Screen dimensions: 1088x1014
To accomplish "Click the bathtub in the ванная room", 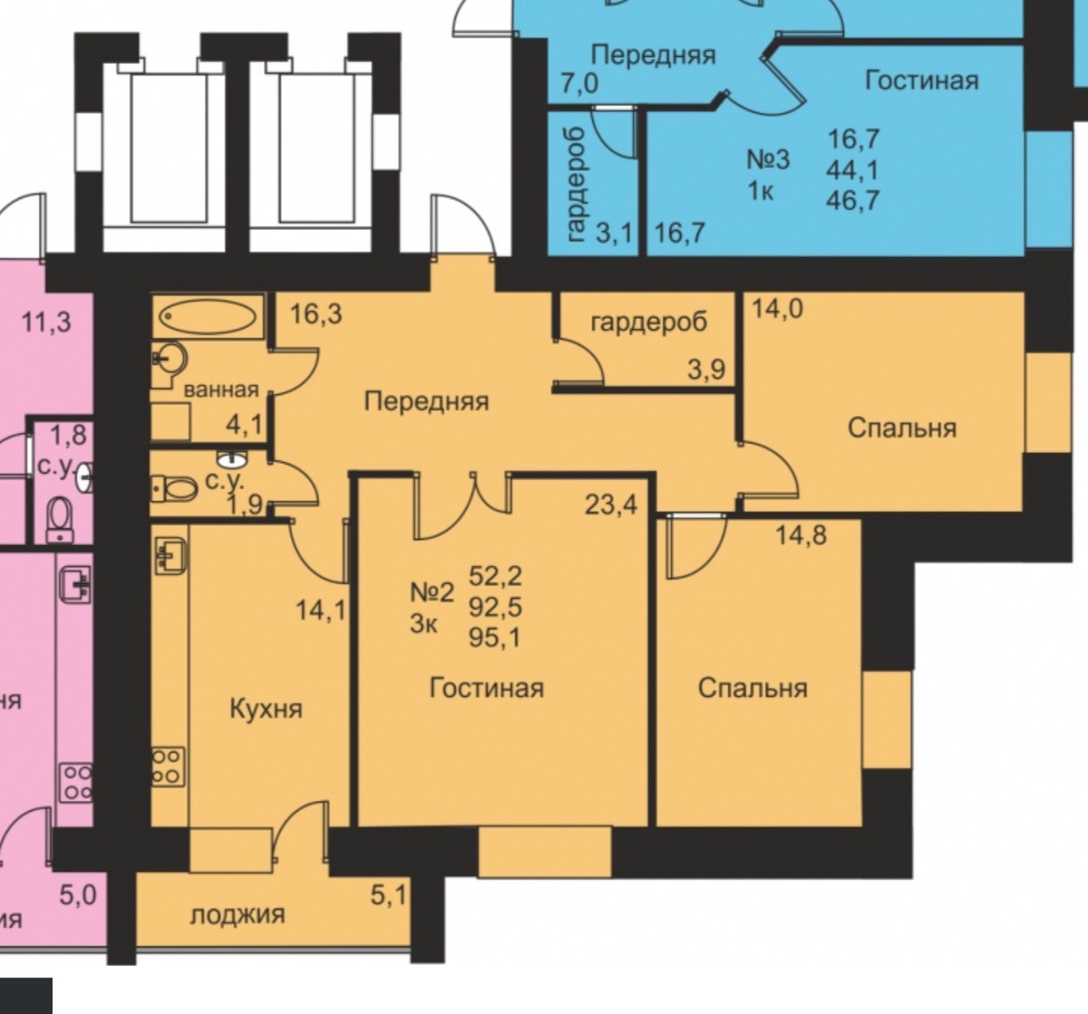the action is [208, 316].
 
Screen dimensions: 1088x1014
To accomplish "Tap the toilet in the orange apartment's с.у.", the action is [174, 488].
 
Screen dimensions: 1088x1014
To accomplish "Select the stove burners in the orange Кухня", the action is [168, 767].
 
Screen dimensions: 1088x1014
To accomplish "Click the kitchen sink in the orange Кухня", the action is [171, 556].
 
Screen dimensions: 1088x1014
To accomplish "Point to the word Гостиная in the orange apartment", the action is [486, 688].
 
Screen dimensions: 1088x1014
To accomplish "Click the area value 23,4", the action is [611, 504].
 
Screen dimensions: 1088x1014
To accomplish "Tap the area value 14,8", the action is [801, 535].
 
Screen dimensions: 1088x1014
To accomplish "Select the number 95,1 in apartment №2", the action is [495, 637].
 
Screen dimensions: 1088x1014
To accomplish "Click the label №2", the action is [432, 592].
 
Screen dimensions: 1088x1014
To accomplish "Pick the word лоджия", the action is [237, 915].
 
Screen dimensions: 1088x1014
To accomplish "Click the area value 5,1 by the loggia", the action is [388, 896].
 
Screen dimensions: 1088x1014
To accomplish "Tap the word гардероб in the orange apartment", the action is [649, 323].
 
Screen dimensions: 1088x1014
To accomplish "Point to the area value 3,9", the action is [707, 370].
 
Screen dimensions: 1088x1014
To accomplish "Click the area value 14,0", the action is [777, 308].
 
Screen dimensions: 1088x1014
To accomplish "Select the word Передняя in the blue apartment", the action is [654, 55].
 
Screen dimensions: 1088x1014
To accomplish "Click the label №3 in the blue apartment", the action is [768, 160].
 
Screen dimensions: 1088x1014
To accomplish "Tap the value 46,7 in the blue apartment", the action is [852, 200].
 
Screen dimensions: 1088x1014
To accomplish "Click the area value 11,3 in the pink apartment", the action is [46, 322].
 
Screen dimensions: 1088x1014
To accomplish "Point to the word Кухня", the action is [265, 709].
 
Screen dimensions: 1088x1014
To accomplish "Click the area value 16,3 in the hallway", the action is [316, 314].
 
